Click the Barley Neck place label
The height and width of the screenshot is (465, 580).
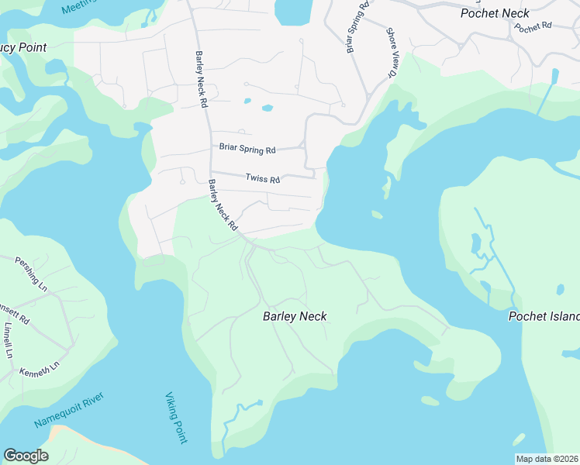(295, 316)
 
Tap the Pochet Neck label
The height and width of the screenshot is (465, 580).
(494, 13)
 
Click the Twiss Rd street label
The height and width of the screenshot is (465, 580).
(262, 178)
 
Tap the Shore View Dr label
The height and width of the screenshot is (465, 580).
(392, 53)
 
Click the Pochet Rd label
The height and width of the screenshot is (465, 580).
(532, 26)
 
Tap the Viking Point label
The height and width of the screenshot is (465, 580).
(176, 418)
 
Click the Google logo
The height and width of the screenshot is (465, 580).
(26, 456)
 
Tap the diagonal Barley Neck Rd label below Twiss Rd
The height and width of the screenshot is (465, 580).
(223, 205)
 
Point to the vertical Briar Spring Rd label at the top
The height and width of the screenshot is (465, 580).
(354, 27)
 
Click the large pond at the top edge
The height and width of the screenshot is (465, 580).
(292, 11)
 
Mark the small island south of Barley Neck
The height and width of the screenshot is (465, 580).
(430, 401)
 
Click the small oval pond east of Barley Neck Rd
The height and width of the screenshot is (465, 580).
(268, 108)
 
